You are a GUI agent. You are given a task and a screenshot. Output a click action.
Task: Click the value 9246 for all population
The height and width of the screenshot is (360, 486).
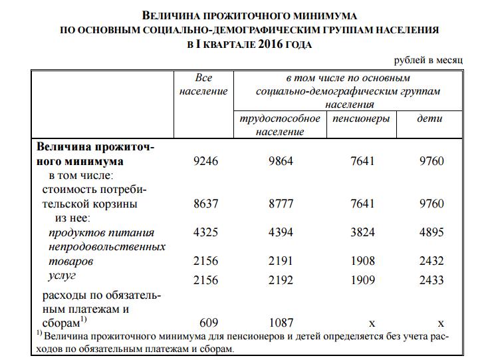pos(205,161)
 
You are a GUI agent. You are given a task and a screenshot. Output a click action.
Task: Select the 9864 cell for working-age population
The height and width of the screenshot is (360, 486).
pos(280,161)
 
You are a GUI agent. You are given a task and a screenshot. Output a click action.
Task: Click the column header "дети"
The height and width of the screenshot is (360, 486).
pos(429,118)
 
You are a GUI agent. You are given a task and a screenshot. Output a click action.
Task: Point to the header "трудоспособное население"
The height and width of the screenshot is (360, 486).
pos(279,124)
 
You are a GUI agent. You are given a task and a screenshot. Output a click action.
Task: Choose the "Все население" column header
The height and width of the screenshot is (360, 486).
pos(204,85)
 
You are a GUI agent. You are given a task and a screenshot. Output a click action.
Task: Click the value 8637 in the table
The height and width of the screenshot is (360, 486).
pos(205,204)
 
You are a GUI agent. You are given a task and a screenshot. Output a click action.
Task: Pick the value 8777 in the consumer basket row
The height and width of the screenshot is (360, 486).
pos(280,204)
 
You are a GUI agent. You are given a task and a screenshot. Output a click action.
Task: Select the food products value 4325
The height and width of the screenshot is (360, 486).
pos(205,233)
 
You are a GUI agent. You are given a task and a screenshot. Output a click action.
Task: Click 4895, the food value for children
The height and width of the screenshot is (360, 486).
pos(431,233)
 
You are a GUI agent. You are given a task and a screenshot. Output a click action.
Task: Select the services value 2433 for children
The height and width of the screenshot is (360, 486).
pos(431,280)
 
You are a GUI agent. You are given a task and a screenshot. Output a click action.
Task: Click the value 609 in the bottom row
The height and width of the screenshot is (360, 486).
pos(209,323)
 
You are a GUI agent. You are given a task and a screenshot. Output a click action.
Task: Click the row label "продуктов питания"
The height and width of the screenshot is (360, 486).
pos(101,233)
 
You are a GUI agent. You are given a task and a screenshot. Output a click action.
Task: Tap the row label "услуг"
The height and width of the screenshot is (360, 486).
pos(62,275)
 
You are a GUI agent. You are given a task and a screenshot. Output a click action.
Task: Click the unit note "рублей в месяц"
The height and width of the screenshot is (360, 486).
pos(428,60)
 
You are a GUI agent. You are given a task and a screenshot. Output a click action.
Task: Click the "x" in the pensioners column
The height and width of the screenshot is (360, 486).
pos(372,323)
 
